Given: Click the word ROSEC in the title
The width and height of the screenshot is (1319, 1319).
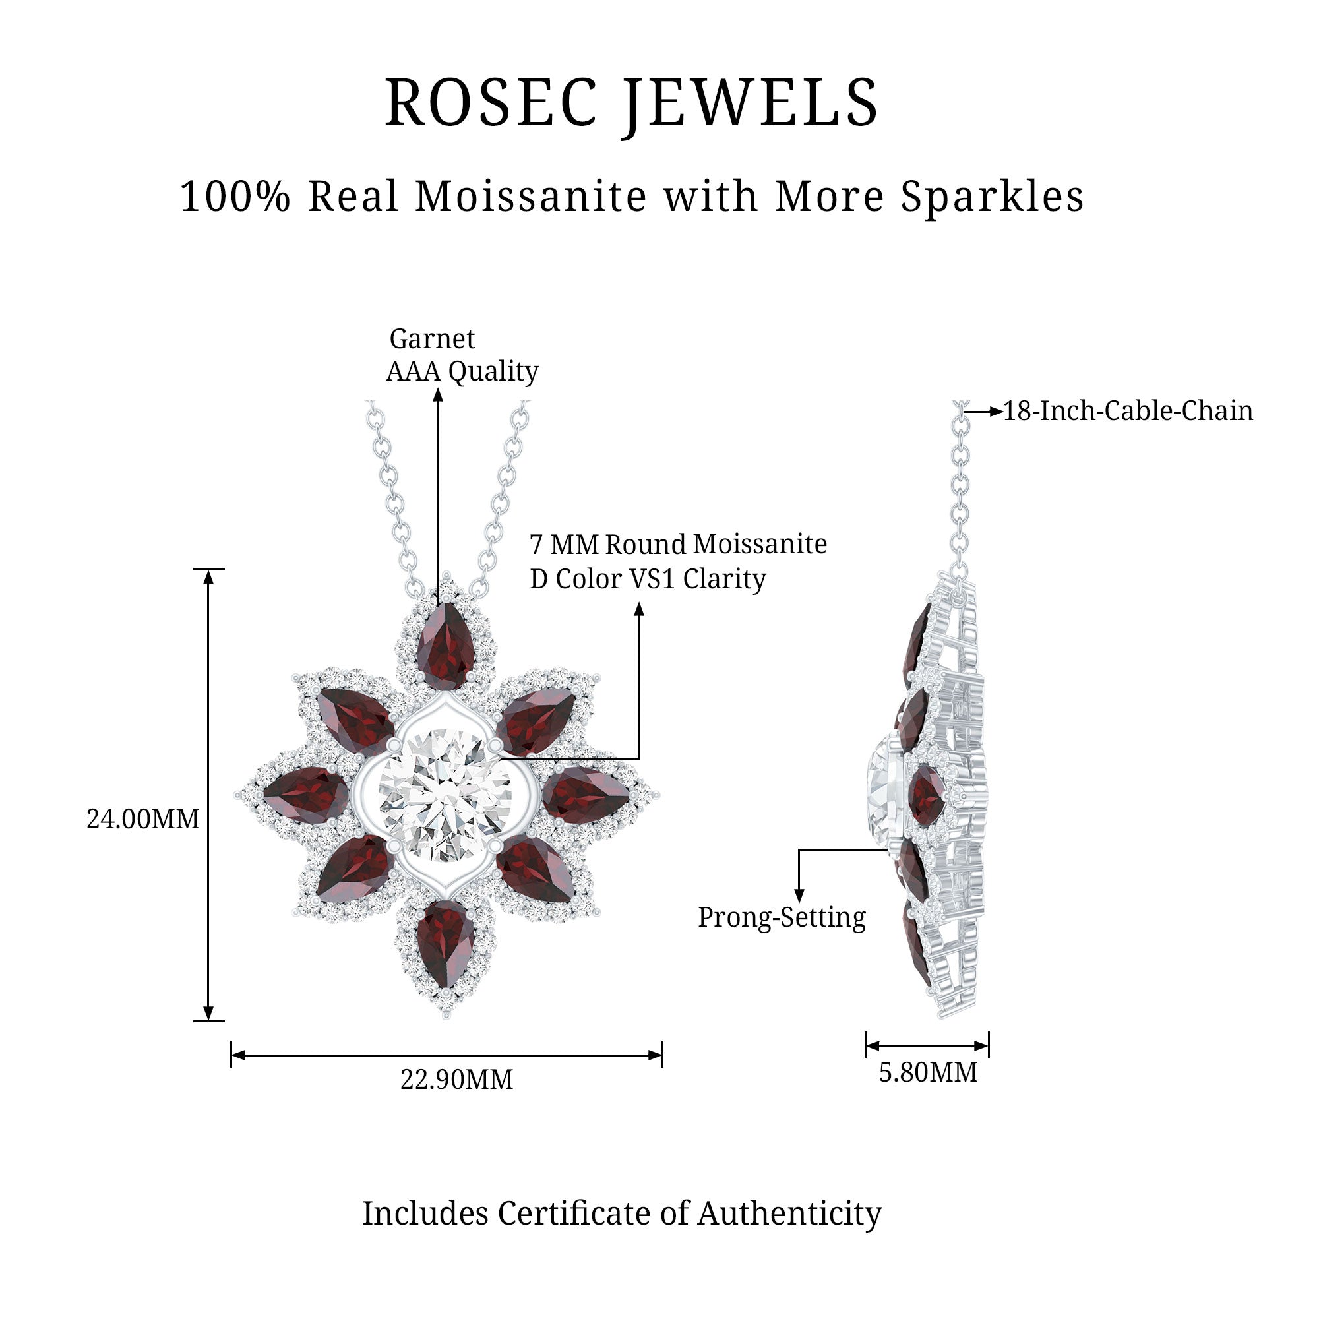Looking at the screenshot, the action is [x=491, y=103].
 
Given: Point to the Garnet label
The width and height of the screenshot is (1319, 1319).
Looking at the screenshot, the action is [x=431, y=338].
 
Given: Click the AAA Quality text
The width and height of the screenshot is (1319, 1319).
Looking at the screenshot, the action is [x=462, y=371].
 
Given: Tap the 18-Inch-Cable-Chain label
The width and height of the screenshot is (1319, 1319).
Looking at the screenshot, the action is [x=1128, y=411].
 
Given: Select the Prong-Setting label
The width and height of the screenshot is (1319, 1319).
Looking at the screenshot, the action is [x=782, y=917].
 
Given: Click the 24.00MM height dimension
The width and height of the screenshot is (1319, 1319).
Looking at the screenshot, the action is [x=142, y=818].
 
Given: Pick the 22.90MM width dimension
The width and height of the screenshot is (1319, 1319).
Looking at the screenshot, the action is [x=457, y=1080].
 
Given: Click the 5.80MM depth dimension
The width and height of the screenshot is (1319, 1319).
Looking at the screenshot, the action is [x=928, y=1072].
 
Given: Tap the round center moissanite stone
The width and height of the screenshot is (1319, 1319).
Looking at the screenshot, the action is [x=445, y=795].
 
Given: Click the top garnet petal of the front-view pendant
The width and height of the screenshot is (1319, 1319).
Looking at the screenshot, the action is [x=446, y=637].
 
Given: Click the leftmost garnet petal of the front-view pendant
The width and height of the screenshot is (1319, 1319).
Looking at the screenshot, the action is [x=305, y=794].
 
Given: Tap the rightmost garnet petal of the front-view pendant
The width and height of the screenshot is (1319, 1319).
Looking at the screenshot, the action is [x=586, y=794].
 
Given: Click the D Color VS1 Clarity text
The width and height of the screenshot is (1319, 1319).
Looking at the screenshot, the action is [x=648, y=579].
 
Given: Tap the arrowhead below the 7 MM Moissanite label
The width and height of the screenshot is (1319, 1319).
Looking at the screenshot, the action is [x=639, y=609].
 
